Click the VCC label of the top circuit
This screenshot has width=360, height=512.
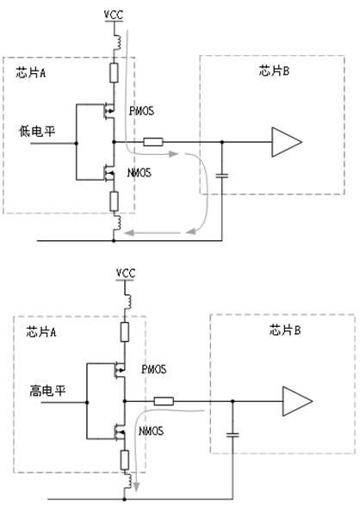click(114, 15)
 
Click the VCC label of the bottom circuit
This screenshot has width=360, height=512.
click(126, 274)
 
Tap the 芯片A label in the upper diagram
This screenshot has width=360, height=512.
click(31, 72)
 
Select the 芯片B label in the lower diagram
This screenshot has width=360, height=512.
click(285, 330)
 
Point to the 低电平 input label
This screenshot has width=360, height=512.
click(37, 132)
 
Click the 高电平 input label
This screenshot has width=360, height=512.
click(47, 391)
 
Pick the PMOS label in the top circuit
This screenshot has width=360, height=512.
click(142, 111)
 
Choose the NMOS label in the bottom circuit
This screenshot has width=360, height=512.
click(151, 431)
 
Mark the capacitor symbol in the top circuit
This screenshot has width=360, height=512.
click(222, 176)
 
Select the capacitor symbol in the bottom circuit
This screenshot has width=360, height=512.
click(233, 435)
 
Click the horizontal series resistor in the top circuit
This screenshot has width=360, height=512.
click(153, 142)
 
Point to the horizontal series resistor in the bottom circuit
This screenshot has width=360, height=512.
click(164, 401)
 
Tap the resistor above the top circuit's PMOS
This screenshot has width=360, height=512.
click(114, 73)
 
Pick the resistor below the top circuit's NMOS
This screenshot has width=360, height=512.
click(114, 201)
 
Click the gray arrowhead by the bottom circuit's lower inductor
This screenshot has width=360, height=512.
click(136, 485)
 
